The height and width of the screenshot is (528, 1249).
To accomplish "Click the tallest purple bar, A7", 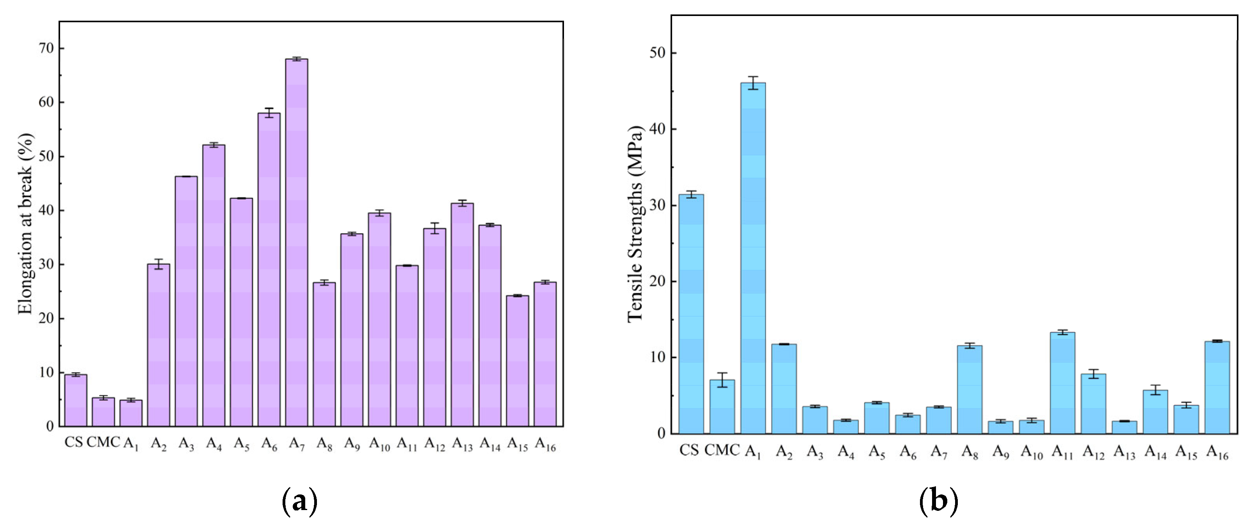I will pyautogui.click(x=296, y=242).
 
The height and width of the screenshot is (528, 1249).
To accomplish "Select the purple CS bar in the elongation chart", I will pyautogui.click(x=76, y=400).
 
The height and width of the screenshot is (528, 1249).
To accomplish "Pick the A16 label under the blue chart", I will pyautogui.click(x=1217, y=452).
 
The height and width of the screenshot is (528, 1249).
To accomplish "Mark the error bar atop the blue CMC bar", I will pyautogui.click(x=722, y=380).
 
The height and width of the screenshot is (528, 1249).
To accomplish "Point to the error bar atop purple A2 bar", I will pyautogui.click(x=158, y=264).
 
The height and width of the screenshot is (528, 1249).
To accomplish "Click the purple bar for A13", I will pyautogui.click(x=462, y=315).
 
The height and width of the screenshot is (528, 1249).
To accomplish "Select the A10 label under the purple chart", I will pyautogui.click(x=380, y=444).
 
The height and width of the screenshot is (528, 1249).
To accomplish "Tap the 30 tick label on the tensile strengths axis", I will pyautogui.click(x=658, y=205).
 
